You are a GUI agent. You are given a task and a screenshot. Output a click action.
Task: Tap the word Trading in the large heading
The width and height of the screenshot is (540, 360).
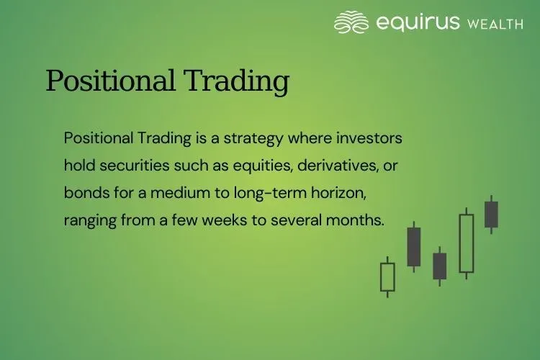click(238, 81)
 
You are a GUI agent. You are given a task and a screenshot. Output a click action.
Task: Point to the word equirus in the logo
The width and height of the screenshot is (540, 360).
click(418, 23)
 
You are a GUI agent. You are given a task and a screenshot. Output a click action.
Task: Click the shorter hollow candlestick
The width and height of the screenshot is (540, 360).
click(387, 277)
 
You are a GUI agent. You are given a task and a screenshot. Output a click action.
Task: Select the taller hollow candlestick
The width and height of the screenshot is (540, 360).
click(467, 243)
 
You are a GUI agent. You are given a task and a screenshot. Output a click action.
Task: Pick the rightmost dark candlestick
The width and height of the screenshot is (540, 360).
click(492, 215)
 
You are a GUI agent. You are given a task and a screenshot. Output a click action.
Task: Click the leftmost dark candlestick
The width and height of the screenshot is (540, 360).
click(414, 247)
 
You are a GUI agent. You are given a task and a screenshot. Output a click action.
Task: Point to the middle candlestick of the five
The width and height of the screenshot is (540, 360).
click(440, 266)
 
